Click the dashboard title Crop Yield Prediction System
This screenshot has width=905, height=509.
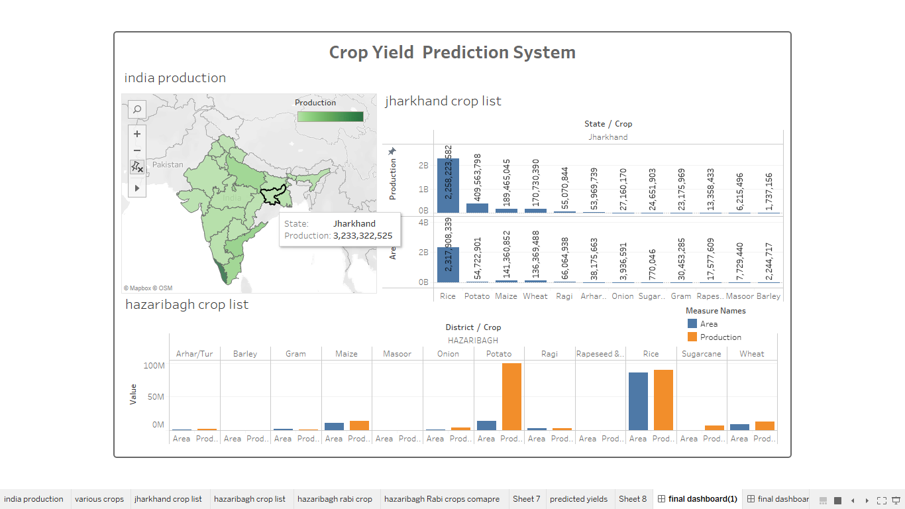452,52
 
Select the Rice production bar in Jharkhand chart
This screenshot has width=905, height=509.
448,189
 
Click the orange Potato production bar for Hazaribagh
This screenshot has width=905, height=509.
511,396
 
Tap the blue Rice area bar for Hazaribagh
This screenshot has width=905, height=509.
638,402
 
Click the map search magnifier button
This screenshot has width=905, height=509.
137,109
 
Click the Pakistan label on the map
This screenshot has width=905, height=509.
168,164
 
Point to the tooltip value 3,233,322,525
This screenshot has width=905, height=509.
362,235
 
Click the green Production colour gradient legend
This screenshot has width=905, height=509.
330,117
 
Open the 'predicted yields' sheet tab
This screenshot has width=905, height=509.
578,499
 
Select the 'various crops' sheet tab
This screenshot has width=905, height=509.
99,499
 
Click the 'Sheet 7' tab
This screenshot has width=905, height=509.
526,499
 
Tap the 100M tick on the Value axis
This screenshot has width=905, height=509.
154,366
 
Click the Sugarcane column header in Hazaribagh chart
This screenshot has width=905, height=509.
701,354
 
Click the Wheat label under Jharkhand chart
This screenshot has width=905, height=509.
535,296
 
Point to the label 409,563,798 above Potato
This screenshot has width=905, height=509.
478,177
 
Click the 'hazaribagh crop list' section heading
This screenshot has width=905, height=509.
187,305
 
